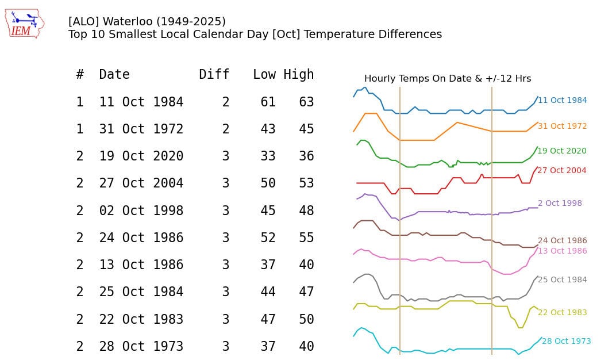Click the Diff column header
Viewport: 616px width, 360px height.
tap(214, 74)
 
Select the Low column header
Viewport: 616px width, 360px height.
tap(264, 74)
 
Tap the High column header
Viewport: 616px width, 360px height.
tap(299, 74)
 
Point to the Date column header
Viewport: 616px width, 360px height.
tap(114, 74)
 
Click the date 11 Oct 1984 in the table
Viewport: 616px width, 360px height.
tap(141, 102)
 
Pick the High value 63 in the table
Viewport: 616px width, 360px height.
tap(306, 102)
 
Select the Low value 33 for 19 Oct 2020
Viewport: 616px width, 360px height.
tap(268, 156)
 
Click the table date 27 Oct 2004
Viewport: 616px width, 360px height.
tap(141, 183)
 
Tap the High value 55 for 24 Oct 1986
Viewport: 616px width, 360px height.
tap(306, 238)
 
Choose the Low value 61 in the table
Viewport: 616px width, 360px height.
tap(268, 102)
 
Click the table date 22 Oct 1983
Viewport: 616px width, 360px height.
tap(141, 319)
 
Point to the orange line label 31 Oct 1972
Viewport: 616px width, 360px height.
tap(562, 127)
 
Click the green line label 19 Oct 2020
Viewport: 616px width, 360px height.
tap(562, 151)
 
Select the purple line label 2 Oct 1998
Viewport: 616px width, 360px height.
tap(560, 204)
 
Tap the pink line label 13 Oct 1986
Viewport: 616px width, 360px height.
tap(562, 251)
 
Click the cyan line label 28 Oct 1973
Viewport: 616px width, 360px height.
tap(566, 342)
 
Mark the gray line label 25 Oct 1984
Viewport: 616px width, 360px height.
tap(562, 280)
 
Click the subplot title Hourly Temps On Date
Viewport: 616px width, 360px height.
tap(447, 79)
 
